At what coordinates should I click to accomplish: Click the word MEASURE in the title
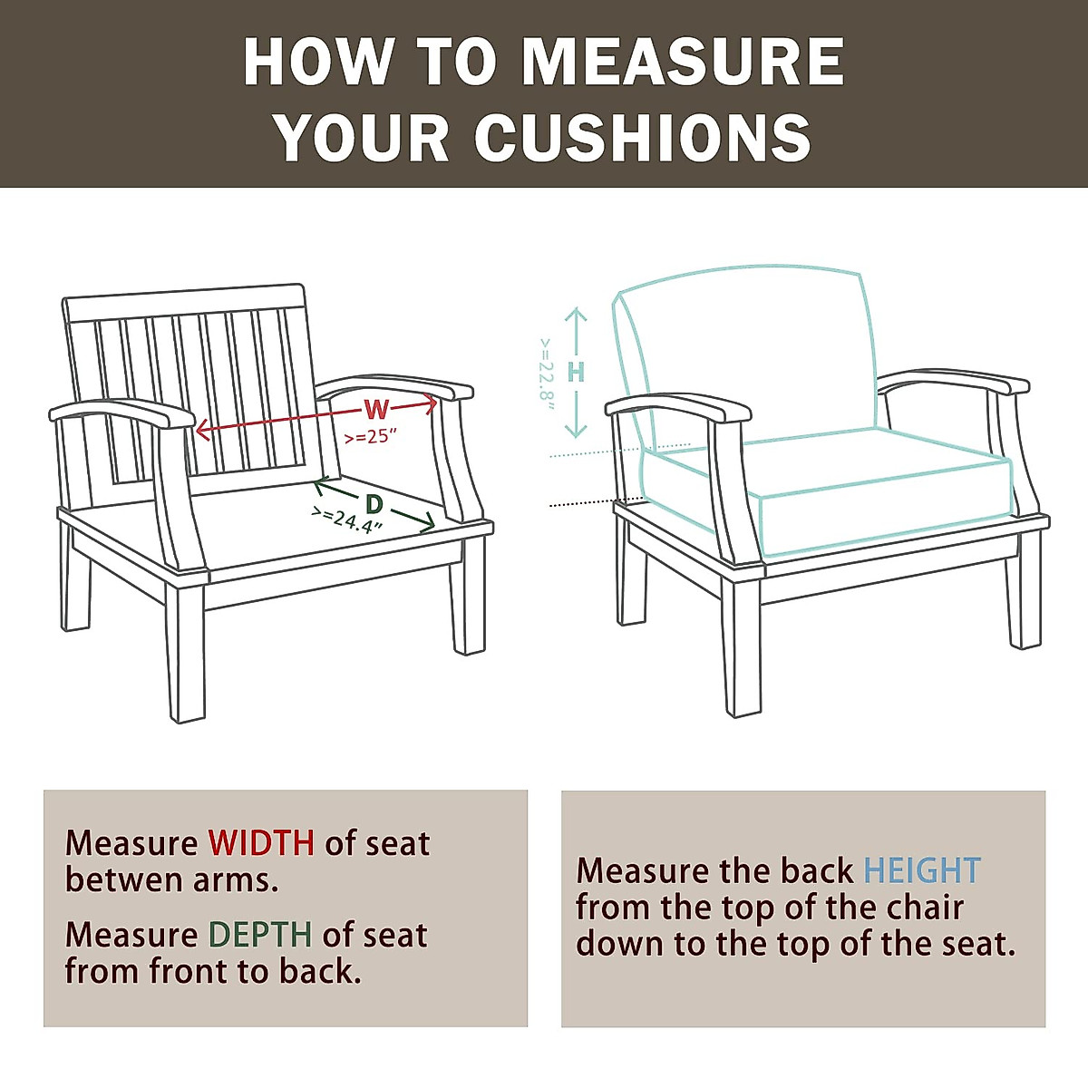(x=683, y=62)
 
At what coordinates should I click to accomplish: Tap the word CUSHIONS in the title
(x=642, y=138)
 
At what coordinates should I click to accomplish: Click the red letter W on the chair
(x=375, y=409)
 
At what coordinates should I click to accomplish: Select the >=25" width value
(x=371, y=436)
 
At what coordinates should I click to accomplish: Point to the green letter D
(x=374, y=504)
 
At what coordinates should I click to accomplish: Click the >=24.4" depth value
(x=347, y=520)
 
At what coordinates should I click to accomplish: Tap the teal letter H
(x=576, y=372)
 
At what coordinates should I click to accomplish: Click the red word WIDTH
(x=261, y=843)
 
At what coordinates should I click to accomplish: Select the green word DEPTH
(x=260, y=935)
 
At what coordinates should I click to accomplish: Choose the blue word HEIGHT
(x=921, y=871)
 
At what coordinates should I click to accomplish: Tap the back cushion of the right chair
(x=753, y=354)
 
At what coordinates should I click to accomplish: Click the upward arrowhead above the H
(x=576, y=315)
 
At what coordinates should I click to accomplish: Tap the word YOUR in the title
(x=363, y=138)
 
